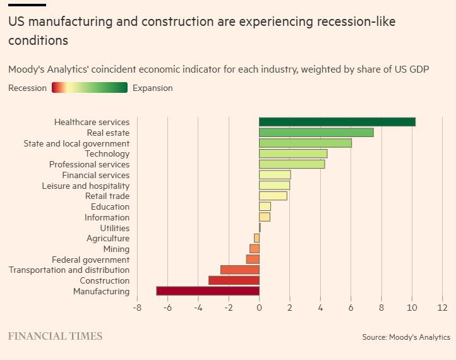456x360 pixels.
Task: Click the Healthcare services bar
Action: (337, 122)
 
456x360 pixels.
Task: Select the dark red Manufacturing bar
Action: (208, 291)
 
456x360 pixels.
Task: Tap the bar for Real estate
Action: (316, 133)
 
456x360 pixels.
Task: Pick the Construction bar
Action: (234, 280)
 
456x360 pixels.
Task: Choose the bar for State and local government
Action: (305, 143)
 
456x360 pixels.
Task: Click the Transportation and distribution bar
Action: (240, 270)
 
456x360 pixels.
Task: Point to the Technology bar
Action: (293, 153)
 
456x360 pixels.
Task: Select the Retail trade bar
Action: (273, 196)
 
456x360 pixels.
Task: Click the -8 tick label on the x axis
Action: (137, 308)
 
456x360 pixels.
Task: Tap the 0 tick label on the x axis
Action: (259, 308)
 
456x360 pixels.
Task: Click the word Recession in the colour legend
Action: (27, 88)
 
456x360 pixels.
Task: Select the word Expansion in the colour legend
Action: (152, 88)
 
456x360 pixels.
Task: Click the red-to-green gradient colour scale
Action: (90, 88)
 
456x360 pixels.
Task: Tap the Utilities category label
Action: (114, 228)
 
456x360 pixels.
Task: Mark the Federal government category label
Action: (90, 260)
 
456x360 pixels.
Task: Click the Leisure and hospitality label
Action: (85, 186)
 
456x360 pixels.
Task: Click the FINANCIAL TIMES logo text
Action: (55, 336)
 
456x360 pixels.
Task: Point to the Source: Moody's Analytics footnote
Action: (406, 337)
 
